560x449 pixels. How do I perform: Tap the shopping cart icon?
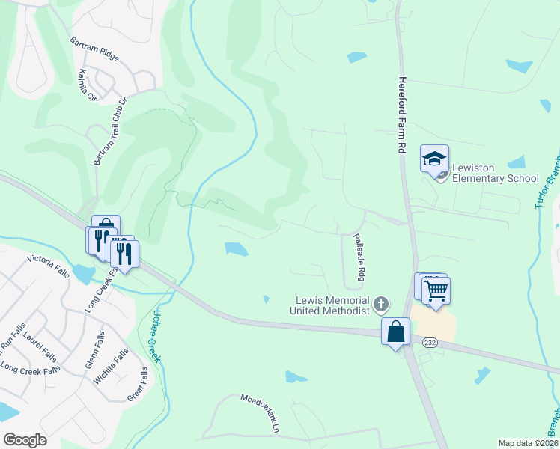436,290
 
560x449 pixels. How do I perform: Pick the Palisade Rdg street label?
359,257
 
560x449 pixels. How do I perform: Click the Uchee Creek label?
153,336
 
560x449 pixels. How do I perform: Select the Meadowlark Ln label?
259,412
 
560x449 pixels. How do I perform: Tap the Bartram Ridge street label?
94,49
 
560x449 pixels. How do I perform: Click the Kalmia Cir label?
88,85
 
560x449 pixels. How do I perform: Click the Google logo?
25,439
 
